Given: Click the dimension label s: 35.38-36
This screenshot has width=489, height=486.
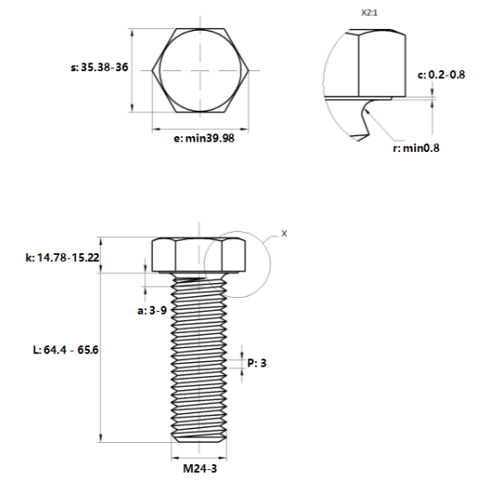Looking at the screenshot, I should coord(99,67).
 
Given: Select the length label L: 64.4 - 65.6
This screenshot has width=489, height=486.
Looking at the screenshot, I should coord(65,350).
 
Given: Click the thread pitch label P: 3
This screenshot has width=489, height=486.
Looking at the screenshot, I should coord(257,361).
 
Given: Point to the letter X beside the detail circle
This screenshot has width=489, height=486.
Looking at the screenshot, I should coord(284,234).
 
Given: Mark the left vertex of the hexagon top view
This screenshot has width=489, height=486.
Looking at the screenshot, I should coord(153,69).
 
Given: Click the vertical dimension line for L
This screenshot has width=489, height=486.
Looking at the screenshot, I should coord(103,352).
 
